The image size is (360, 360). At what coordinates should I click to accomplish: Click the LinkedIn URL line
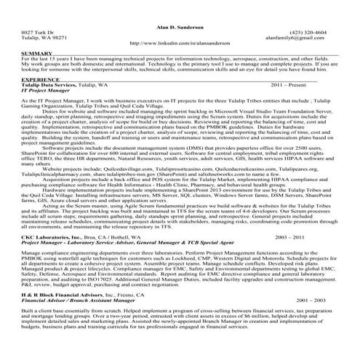[180, 43]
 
